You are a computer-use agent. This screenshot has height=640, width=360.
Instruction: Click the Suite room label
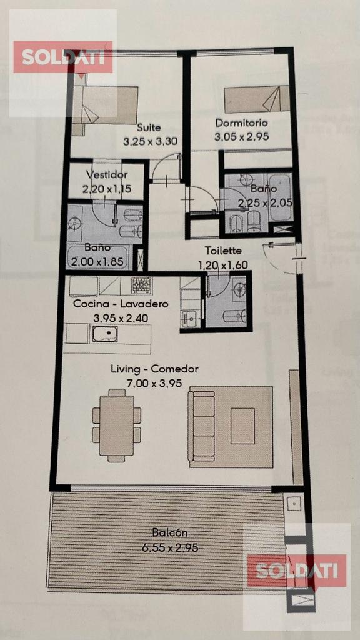(x=149, y=127)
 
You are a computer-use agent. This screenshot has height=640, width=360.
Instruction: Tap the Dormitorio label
(x=242, y=122)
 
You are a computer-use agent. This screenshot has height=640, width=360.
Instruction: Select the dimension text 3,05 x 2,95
(x=242, y=137)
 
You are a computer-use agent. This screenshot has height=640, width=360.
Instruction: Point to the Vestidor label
(x=107, y=175)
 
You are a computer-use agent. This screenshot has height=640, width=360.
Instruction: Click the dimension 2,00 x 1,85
(x=97, y=262)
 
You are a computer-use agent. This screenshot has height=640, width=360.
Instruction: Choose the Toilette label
(x=223, y=250)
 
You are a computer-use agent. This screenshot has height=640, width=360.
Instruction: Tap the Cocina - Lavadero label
(x=121, y=304)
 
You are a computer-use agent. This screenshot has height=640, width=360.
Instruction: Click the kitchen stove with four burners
(x=141, y=284)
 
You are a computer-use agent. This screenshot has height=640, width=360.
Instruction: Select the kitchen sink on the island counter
(x=105, y=334)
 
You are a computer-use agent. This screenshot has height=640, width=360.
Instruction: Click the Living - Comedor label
(x=155, y=369)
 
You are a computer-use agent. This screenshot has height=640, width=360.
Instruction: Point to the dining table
(x=117, y=425)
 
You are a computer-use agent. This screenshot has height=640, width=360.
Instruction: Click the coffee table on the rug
(x=242, y=426)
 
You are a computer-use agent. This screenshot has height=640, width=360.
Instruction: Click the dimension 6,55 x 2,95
(x=170, y=547)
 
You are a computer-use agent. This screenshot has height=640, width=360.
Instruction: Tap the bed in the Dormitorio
(x=257, y=99)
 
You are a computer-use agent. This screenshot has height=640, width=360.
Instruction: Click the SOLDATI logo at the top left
(x=63, y=57)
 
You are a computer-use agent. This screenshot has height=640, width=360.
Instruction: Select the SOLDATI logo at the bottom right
(x=297, y=571)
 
